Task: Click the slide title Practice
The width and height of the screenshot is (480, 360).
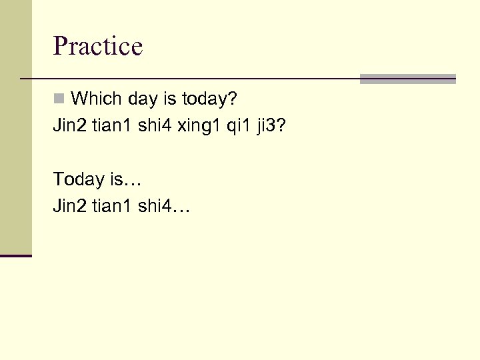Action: (98, 46)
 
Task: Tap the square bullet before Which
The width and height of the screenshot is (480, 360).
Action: (59, 99)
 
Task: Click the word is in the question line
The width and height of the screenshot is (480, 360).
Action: (170, 99)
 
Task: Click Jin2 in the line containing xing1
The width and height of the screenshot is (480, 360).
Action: (70, 126)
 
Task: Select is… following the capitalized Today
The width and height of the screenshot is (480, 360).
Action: (125, 179)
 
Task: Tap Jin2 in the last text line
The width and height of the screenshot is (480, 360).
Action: (70, 207)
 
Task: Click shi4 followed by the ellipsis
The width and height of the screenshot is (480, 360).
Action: (163, 207)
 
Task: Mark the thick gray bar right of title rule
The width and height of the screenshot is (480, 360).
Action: (407, 79)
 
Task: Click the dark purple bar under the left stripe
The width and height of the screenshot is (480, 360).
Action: (16, 255)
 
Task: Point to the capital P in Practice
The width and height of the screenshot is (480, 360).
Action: (61, 46)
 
